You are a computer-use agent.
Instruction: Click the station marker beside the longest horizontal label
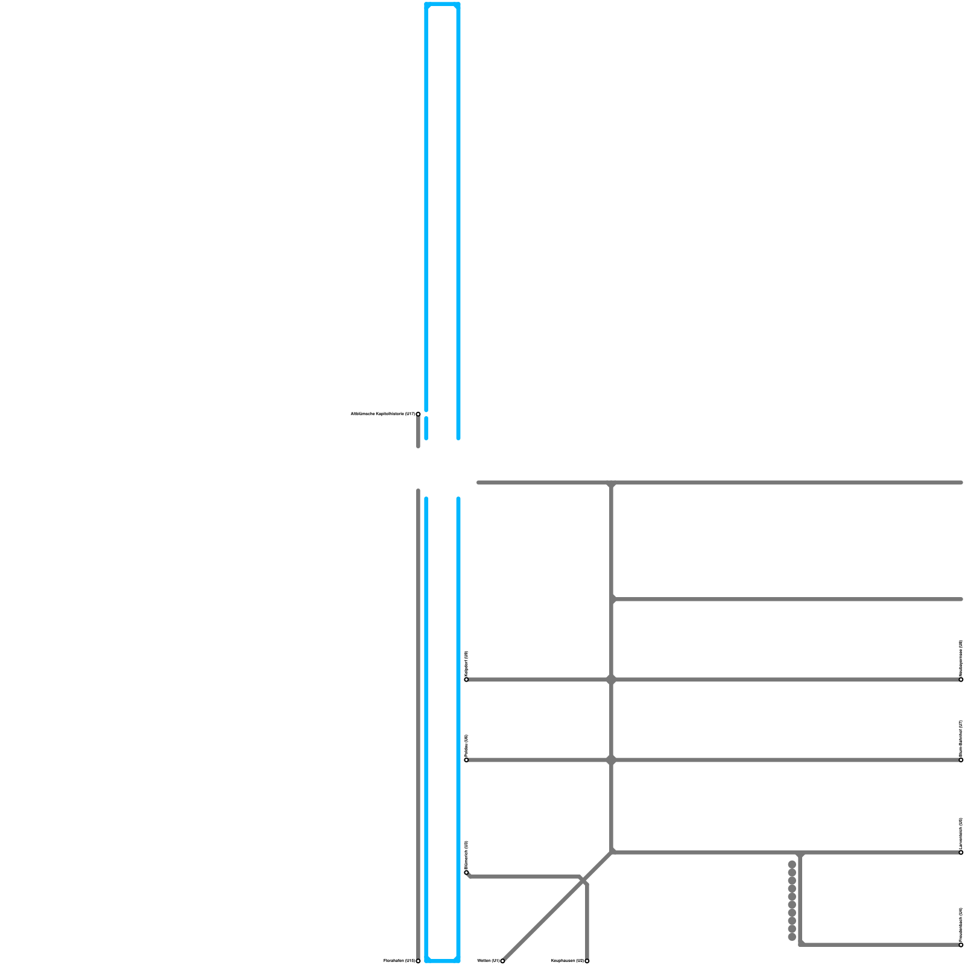click(x=418, y=414)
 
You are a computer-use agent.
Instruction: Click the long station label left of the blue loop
click(x=382, y=414)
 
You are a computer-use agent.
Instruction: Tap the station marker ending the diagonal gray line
click(x=502, y=961)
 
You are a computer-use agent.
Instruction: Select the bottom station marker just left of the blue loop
click(x=418, y=961)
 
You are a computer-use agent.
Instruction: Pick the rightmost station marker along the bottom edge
click(x=587, y=961)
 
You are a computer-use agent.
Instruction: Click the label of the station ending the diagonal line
click(x=488, y=961)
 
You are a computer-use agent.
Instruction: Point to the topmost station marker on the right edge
click(x=961, y=679)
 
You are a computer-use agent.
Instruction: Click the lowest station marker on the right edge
click(x=961, y=945)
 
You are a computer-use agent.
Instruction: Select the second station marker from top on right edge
click(x=961, y=760)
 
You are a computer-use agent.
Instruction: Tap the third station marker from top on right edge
click(x=961, y=852)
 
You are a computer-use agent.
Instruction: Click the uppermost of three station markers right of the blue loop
click(x=466, y=679)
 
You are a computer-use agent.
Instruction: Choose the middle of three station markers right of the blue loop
click(x=466, y=760)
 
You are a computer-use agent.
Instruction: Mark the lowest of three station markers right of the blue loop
click(x=466, y=872)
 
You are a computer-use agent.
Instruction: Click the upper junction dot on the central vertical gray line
click(x=611, y=680)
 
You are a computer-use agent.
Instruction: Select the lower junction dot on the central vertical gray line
click(x=611, y=760)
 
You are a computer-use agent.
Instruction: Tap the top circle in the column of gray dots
click(x=792, y=864)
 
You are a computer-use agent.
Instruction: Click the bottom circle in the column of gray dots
click(x=792, y=937)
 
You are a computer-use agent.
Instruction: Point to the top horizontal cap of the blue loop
click(x=442, y=5)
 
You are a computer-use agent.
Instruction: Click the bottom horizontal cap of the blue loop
click(x=442, y=960)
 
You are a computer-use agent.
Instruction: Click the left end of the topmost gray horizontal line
click(x=479, y=482)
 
